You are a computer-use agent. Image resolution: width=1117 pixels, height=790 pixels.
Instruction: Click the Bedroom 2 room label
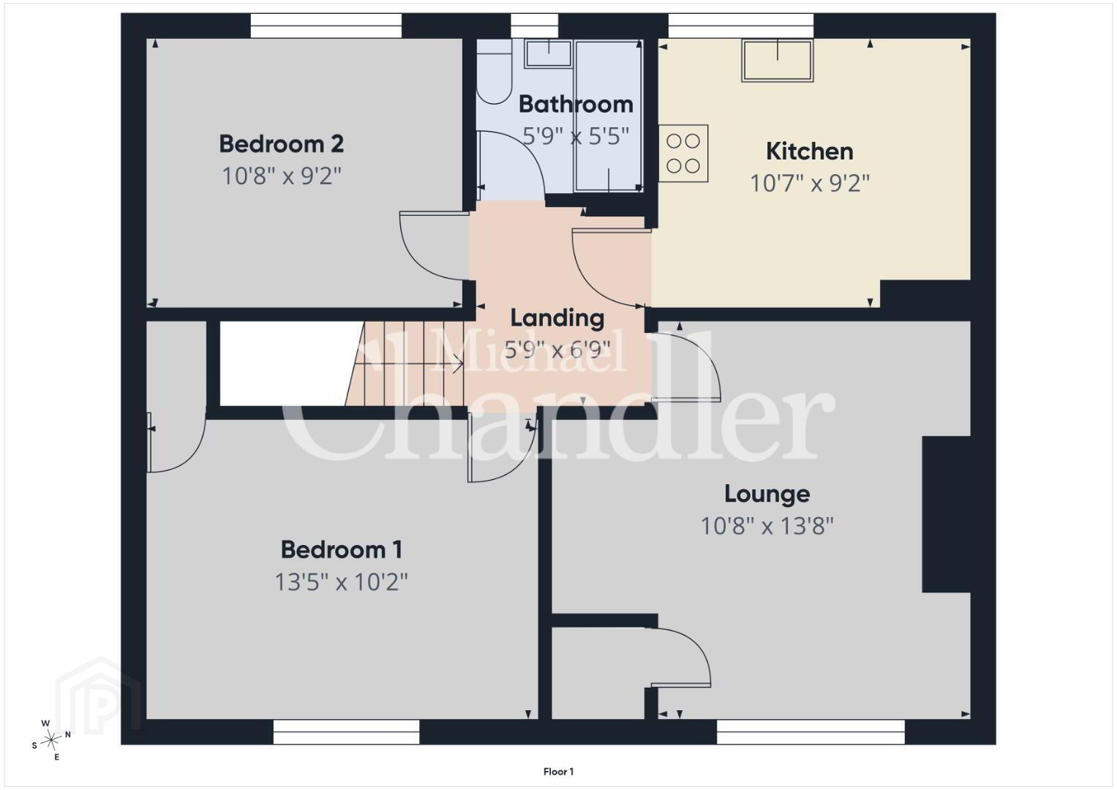pyautogui.click(x=281, y=144)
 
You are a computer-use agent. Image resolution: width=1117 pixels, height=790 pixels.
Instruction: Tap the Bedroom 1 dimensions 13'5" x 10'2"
pyautogui.click(x=341, y=582)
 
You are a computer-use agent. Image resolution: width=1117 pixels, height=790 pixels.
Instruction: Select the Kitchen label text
pyautogui.click(x=809, y=151)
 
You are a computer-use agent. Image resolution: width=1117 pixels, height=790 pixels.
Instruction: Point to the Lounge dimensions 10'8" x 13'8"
pyautogui.click(x=767, y=526)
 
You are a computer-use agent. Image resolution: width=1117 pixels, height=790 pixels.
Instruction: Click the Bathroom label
pyautogui.click(x=576, y=105)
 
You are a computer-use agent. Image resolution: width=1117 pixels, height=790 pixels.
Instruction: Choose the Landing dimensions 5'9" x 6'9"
pyautogui.click(x=557, y=350)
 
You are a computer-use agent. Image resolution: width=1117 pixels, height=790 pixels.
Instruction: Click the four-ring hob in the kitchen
pyautogui.click(x=683, y=153)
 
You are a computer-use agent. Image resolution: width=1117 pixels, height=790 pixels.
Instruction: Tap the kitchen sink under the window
pyautogui.click(x=778, y=61)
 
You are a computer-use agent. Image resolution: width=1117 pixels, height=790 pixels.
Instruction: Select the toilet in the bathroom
pyautogui.click(x=494, y=72)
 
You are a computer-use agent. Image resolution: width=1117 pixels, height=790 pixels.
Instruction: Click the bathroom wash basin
pyautogui.click(x=549, y=54)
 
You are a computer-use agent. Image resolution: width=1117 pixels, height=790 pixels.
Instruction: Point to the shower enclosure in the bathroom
pyautogui.click(x=609, y=116)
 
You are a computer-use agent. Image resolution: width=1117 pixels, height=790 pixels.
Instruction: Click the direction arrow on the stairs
pyautogui.click(x=408, y=364)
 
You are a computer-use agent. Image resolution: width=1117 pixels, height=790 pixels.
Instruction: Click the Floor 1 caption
pyautogui.click(x=559, y=772)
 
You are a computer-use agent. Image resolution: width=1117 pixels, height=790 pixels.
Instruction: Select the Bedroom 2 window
pyautogui.click(x=326, y=26)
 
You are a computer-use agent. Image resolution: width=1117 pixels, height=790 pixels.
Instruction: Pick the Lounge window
pyautogui.click(x=811, y=731)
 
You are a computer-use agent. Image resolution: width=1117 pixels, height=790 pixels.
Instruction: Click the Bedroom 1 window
pyautogui.click(x=347, y=731)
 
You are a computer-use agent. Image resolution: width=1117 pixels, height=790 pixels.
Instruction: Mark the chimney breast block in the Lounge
pyautogui.click(x=946, y=514)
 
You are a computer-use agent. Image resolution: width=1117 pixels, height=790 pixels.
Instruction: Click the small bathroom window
pyautogui.click(x=535, y=26)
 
